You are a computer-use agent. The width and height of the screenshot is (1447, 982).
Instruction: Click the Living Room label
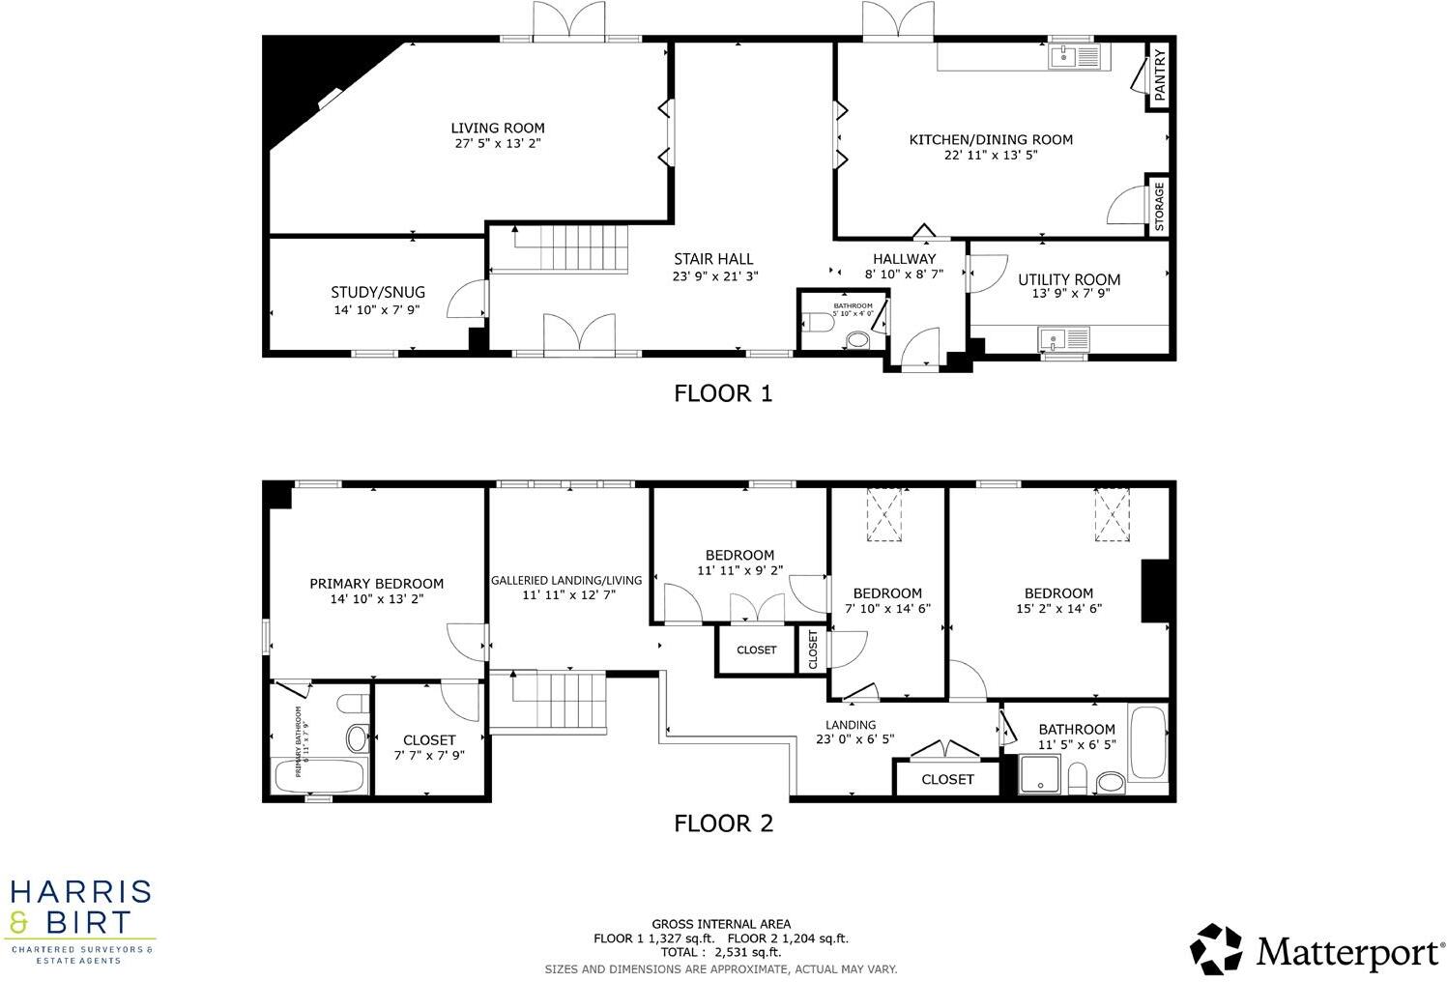(498, 128)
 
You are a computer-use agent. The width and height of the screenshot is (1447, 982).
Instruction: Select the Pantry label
(1160, 76)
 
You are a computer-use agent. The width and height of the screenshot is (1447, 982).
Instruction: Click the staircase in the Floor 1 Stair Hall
(570, 248)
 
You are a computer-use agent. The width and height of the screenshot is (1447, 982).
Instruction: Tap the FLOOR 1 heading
(723, 393)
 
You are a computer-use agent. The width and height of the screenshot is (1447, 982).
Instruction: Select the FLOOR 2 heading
(723, 823)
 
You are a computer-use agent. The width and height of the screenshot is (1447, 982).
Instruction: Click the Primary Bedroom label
(376, 583)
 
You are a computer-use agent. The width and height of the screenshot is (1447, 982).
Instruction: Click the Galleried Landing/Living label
(566, 580)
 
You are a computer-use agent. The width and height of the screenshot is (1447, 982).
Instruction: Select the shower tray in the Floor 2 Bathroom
(1040, 775)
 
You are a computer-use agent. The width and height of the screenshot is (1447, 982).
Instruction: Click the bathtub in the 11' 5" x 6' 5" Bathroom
(1148, 742)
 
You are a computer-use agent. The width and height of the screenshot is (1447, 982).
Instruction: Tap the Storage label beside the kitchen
(1159, 205)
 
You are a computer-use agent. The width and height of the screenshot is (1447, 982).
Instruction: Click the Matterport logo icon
(1216, 949)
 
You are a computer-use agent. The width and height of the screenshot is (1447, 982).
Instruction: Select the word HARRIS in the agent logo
(80, 891)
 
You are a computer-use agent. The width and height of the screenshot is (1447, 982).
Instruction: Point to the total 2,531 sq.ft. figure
(720, 952)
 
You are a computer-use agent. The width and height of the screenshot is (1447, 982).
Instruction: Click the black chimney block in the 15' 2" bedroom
(1155, 591)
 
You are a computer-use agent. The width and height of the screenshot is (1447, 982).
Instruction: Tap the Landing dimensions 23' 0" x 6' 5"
(854, 739)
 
